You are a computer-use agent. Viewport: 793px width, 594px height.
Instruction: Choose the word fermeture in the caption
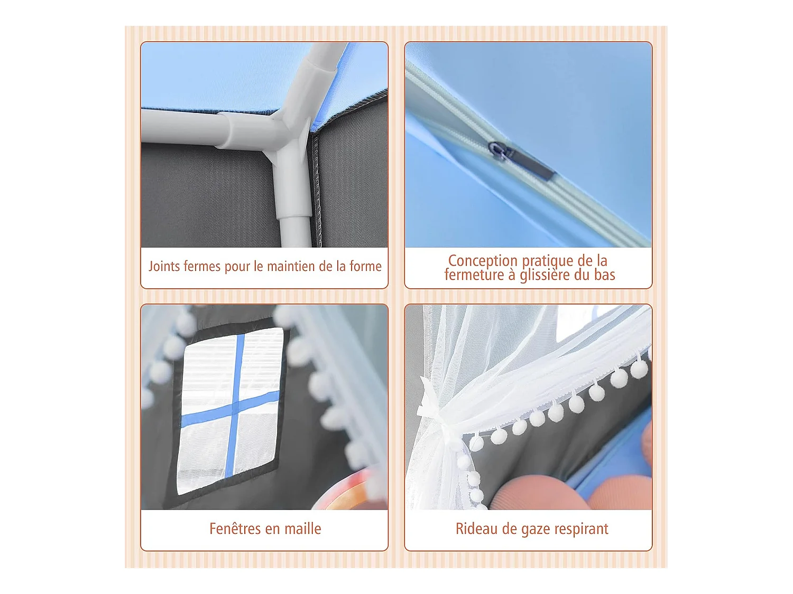click(474, 275)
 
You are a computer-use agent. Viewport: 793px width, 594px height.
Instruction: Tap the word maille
click(303, 529)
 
